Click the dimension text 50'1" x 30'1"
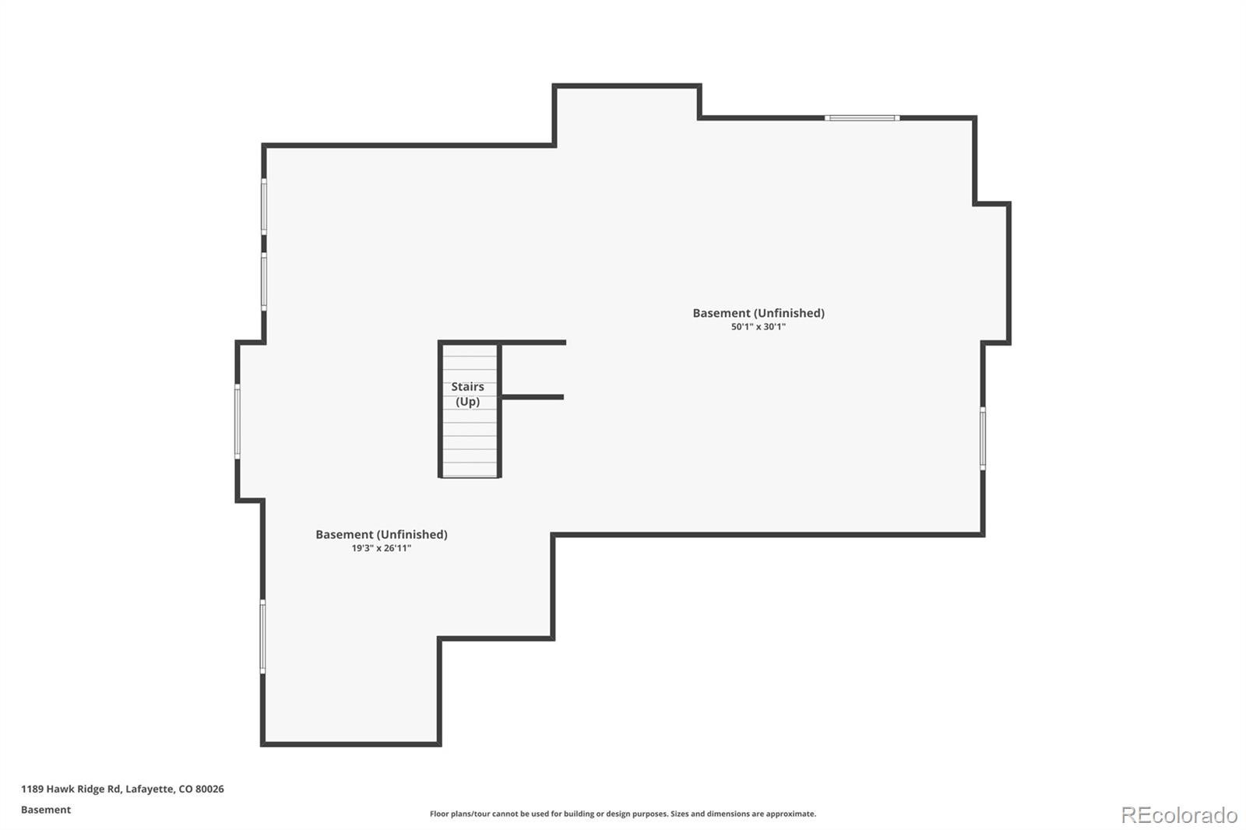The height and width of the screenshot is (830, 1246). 759,326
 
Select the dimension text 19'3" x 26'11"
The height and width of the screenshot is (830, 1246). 381,548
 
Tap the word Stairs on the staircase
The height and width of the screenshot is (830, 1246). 467,386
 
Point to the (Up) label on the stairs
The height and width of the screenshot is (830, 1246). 468,402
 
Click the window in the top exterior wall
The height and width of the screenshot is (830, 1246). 861,118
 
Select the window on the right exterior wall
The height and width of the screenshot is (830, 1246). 983,438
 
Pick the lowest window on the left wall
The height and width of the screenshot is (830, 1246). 262,636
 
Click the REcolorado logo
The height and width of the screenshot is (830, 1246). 1179,815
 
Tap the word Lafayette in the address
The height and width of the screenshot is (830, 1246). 150,789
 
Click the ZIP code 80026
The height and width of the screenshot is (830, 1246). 209,789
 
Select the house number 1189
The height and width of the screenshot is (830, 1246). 32,789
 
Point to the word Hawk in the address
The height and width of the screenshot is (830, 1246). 58,789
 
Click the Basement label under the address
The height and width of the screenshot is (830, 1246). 46,810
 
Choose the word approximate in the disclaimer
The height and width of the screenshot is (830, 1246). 790,814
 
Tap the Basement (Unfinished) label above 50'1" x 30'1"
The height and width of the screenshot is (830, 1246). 759,313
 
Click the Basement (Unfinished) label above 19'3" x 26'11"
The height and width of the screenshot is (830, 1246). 382,535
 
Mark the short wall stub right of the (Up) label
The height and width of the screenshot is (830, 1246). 533,397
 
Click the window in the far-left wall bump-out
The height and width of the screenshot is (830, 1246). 238,421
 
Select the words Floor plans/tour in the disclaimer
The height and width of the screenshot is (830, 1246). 460,814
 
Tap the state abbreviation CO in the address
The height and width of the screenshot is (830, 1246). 185,789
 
